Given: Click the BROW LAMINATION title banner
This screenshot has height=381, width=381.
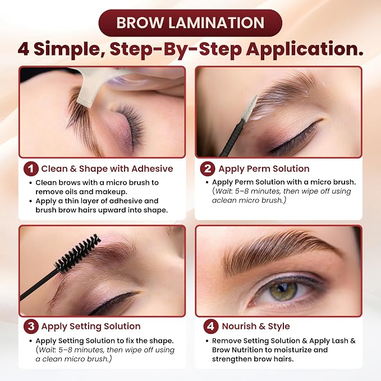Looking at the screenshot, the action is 190,23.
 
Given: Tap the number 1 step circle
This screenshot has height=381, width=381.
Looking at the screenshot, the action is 31,169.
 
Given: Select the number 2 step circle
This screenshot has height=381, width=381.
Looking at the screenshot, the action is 207,169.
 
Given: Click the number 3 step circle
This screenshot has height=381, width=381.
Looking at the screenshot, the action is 31,326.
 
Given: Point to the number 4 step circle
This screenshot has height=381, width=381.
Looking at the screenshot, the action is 210,326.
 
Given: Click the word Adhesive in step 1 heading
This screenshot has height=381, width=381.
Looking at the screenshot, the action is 152,169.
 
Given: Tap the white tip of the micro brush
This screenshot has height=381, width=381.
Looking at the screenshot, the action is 250,107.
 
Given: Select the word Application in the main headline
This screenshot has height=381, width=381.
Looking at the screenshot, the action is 305,49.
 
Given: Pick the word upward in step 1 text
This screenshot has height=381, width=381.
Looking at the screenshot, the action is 112,210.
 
